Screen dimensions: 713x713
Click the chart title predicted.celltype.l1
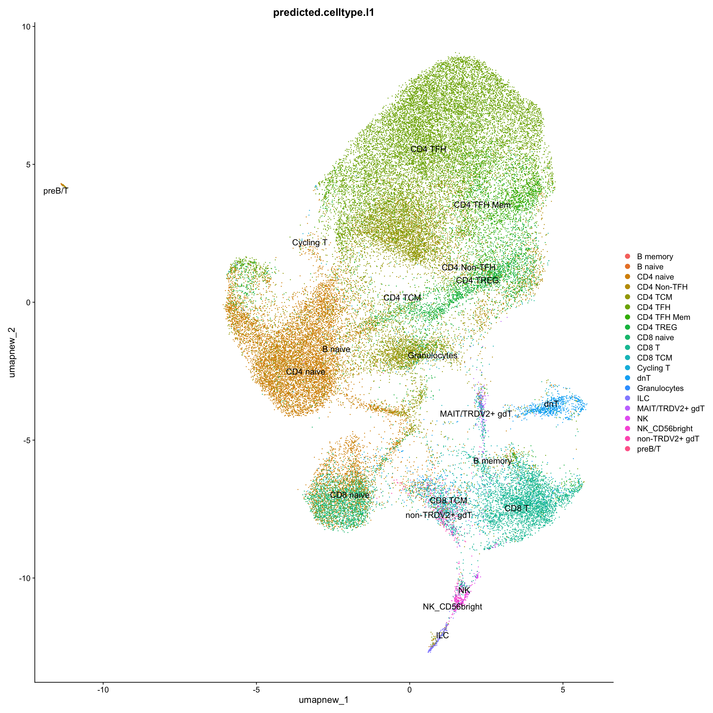click(323, 13)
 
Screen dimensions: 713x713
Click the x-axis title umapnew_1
click(323, 700)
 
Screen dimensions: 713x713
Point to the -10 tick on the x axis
click(103, 689)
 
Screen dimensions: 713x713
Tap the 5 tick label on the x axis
click(563, 689)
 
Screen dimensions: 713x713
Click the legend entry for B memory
click(655, 256)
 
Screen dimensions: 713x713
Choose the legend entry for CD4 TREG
click(657, 327)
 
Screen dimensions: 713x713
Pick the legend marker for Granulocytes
click(627, 388)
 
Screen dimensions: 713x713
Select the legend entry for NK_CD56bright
click(664, 429)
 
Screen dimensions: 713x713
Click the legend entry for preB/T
click(648, 449)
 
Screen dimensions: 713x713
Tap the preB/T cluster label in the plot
click(56, 191)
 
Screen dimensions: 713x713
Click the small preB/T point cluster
click(63, 185)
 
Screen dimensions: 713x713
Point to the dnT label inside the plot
click(551, 404)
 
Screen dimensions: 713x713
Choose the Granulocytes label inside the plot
click(432, 356)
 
